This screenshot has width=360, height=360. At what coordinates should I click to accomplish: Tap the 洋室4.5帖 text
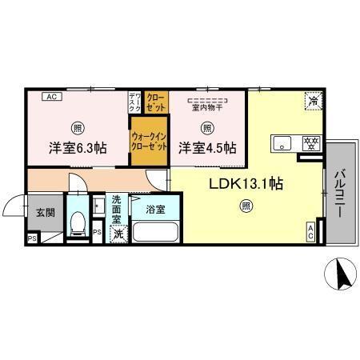pos(206,147)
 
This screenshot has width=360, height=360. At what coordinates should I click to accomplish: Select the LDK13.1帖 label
pos(246,183)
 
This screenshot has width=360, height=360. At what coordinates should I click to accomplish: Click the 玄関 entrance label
pos(45,213)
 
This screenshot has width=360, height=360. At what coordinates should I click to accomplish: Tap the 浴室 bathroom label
pos(156,210)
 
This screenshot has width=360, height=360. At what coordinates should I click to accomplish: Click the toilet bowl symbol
pos(77,223)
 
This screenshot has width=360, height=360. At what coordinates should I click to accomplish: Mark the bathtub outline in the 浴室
pos(155,233)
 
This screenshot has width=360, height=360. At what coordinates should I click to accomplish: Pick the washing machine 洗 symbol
pos(118,234)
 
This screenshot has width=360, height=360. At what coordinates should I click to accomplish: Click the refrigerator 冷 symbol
pos(314,102)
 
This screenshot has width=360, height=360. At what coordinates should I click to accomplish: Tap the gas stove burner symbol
pos(310,144)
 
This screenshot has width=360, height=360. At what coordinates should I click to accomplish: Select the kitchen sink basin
pos(283,144)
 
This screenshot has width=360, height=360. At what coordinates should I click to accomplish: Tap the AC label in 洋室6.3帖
pos(49,98)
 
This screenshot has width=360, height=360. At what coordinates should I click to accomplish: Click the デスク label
pos(134,102)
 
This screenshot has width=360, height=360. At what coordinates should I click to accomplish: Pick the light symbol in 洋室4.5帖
pos(206,126)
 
